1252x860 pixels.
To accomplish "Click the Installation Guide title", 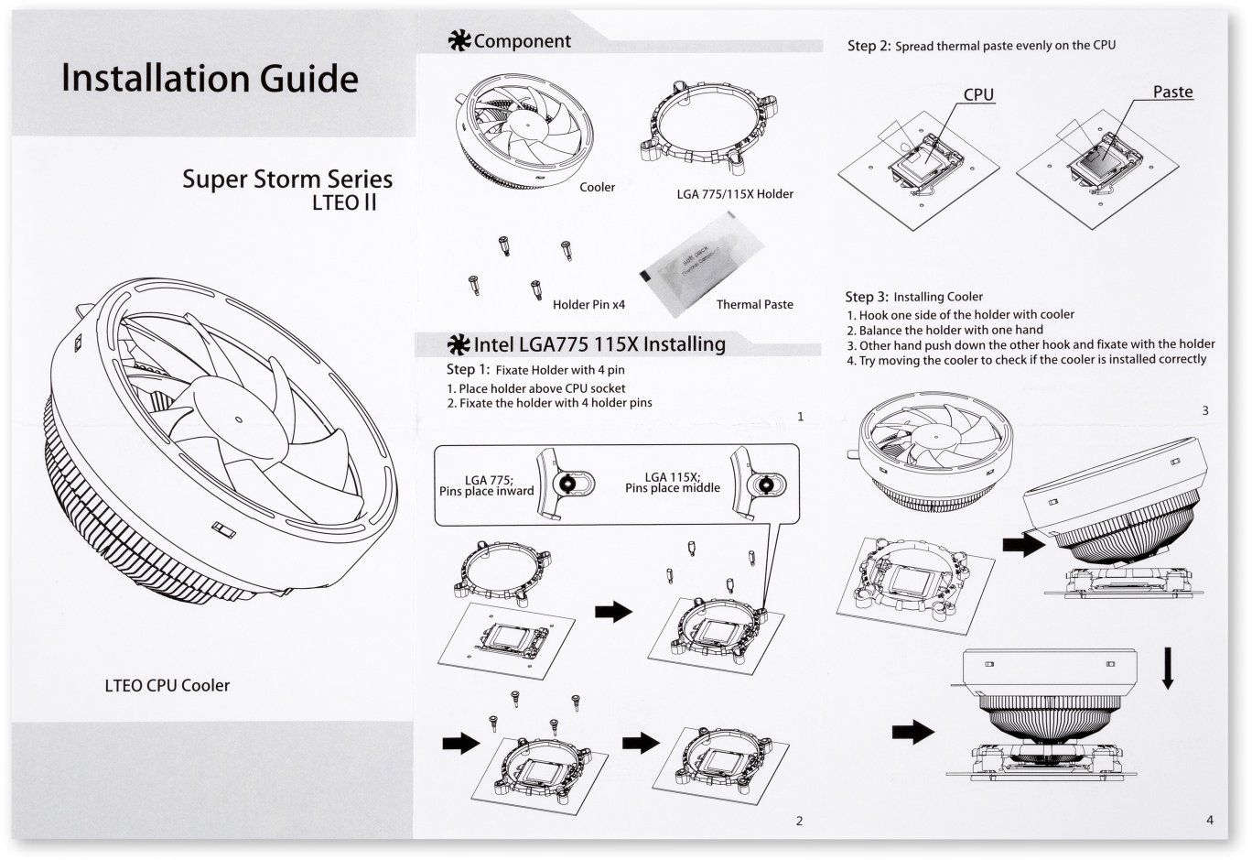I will [x=210, y=79].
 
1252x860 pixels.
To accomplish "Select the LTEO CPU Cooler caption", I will [x=167, y=685].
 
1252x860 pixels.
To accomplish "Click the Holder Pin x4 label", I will [x=588, y=304].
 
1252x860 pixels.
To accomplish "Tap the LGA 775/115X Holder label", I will [x=728, y=194].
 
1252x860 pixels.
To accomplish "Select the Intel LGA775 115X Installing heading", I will [x=599, y=344].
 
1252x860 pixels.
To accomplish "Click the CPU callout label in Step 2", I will [x=978, y=94].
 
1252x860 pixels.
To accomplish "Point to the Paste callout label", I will [x=1172, y=92].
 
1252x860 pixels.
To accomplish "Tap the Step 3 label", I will [x=866, y=297].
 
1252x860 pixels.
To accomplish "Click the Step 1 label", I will [x=468, y=370].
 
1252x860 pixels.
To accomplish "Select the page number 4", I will [x=1210, y=820].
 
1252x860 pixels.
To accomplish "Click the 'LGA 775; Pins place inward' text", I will [x=486, y=484].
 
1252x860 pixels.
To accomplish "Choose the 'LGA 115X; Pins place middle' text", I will [x=672, y=483].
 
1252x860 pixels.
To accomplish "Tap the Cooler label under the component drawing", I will [x=597, y=187].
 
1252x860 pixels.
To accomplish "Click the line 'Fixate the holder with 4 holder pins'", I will [x=549, y=403].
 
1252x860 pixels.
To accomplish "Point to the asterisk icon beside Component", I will [x=459, y=41].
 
